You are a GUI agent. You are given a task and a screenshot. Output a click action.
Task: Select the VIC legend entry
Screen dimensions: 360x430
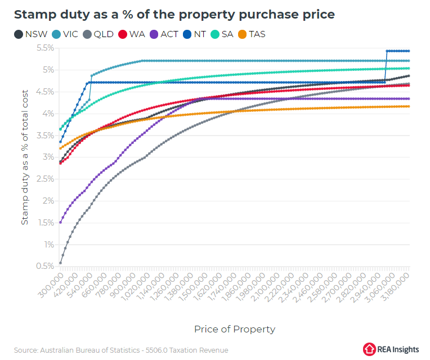[65, 34]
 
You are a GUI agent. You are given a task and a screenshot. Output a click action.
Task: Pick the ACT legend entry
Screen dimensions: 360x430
[164, 34]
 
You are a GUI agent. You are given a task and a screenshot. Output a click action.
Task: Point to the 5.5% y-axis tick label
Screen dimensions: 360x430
[46, 48]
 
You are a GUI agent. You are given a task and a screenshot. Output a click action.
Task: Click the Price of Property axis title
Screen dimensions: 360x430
[235, 329]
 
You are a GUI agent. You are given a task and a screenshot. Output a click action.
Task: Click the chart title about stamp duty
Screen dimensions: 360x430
[174, 15]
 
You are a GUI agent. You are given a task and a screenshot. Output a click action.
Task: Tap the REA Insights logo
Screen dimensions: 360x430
[391, 349]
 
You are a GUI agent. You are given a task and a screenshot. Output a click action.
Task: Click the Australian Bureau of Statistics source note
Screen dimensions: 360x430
[121, 350]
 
